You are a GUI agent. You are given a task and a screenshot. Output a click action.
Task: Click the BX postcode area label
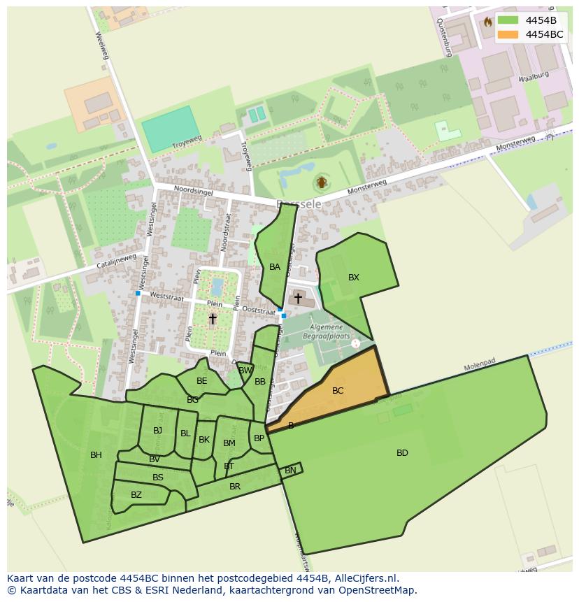click(x=354, y=278)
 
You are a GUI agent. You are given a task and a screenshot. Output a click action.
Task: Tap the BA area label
click(x=275, y=267)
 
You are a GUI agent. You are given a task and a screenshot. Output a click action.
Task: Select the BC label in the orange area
click(x=338, y=391)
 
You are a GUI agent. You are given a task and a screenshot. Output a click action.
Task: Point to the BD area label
click(x=402, y=453)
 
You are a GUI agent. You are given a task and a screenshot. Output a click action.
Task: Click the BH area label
click(x=96, y=455)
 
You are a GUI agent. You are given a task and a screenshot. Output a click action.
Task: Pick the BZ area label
click(x=136, y=495)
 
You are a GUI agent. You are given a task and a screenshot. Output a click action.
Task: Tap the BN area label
click(x=290, y=471)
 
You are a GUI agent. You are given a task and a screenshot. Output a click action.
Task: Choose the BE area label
click(x=202, y=381)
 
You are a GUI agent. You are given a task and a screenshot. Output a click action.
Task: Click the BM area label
click(x=229, y=443)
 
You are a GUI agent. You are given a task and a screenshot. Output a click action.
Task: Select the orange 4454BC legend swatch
click(x=508, y=34)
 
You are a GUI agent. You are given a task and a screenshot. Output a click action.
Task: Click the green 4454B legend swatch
click(x=508, y=20)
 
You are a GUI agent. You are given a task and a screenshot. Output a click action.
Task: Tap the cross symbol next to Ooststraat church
click(x=298, y=299)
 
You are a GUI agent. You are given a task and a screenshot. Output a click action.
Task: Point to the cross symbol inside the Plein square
click(x=213, y=319)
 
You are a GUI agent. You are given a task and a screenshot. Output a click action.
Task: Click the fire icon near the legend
click(x=487, y=22)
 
